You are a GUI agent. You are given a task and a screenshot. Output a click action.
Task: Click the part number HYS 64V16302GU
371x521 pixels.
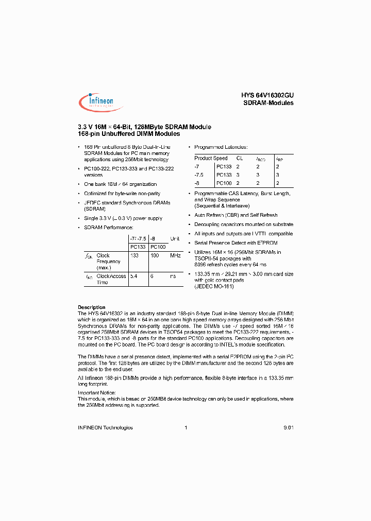[x=267, y=95]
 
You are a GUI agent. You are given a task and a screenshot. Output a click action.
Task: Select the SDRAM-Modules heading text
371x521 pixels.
[x=268, y=103]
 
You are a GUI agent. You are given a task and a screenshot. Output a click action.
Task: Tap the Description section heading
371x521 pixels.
[x=91, y=307]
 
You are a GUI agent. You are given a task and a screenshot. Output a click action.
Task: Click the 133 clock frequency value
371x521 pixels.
[x=135, y=255]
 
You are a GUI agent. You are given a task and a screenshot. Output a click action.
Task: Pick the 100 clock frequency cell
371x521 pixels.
[x=154, y=255]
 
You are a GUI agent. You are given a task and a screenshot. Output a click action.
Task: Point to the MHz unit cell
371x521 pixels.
[x=175, y=255]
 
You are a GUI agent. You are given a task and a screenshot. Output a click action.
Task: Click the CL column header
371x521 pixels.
[x=239, y=159]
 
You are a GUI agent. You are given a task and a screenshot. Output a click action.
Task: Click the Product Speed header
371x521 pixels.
[x=211, y=159]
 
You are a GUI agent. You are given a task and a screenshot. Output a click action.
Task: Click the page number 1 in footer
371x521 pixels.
[x=185, y=428]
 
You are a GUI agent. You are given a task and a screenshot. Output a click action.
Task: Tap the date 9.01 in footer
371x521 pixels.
[x=288, y=428]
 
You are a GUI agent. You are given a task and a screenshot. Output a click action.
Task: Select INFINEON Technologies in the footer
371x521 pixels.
[x=105, y=428]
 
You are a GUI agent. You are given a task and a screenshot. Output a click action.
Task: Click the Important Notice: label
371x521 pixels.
[x=97, y=393]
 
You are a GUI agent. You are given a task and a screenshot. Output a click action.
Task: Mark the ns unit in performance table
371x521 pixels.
[x=173, y=276]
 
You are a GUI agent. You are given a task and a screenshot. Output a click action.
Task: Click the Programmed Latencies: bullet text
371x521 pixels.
[x=221, y=147]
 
